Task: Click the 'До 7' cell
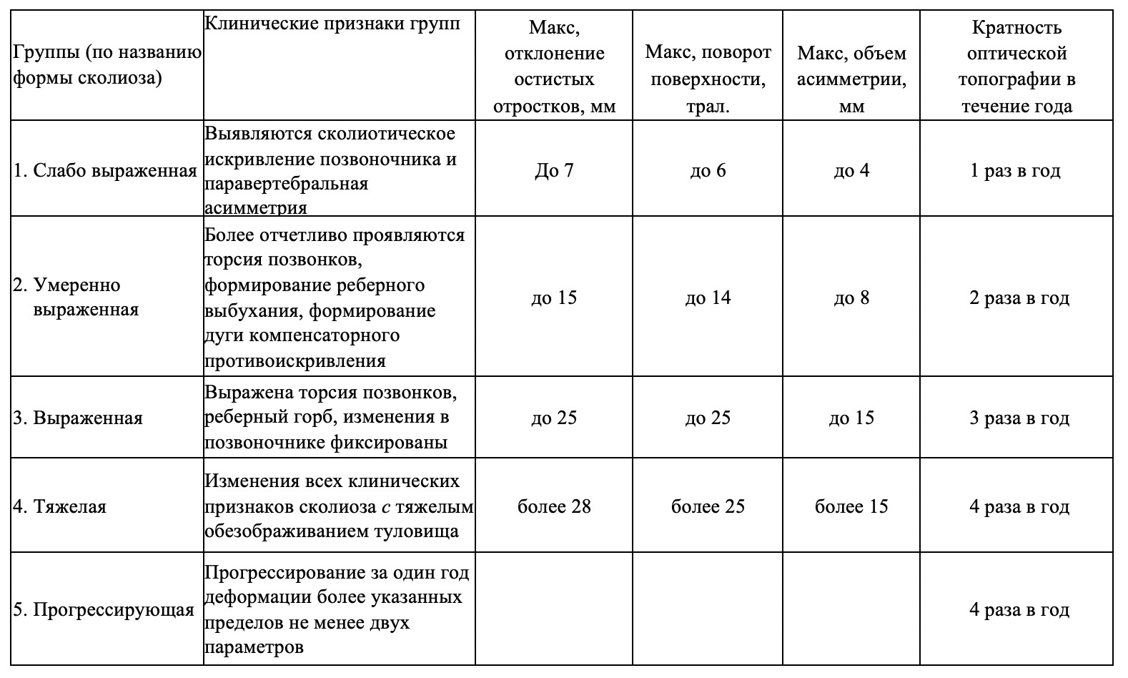[x=554, y=171]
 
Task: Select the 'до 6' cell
[x=708, y=171]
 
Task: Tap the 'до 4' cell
[x=851, y=171]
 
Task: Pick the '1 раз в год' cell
[x=1015, y=171]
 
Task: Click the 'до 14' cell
[x=708, y=298]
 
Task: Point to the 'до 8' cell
[x=851, y=298]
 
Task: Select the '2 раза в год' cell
[x=1019, y=298]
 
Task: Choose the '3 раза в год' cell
[x=1019, y=418]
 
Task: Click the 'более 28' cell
[x=554, y=506]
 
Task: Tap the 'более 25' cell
[x=708, y=506]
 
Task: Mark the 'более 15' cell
[x=851, y=506]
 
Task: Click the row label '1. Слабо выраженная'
[x=105, y=171]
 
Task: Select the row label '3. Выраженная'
[x=78, y=418]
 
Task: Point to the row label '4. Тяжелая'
[x=59, y=506]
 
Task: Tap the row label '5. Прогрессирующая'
[x=104, y=609]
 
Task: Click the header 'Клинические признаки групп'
[x=332, y=24]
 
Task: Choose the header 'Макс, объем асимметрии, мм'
[x=851, y=79]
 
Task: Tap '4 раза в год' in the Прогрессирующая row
[x=1019, y=609]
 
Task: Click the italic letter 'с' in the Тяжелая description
[x=386, y=507]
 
